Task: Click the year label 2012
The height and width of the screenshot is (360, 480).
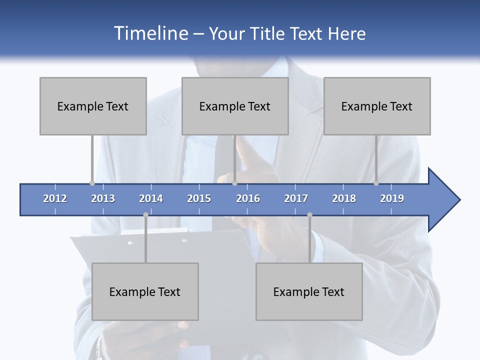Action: coord(55,198)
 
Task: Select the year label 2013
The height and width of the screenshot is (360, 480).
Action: coord(103,198)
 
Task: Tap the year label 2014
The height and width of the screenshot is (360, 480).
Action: coord(151,198)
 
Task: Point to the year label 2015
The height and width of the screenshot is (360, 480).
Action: coord(199,198)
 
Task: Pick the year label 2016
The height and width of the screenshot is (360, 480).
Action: coord(248,198)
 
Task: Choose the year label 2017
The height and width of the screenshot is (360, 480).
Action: coord(296,198)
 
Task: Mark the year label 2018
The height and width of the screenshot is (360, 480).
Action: coord(344,198)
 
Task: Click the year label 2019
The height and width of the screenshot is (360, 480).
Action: coord(392,198)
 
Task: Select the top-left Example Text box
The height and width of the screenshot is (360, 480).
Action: coord(93,106)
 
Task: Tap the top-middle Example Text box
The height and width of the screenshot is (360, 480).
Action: coord(235,106)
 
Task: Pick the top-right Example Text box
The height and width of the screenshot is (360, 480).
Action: coord(377,106)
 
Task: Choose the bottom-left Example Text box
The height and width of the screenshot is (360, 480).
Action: coord(145,291)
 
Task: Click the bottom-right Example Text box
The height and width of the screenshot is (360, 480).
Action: coord(309,291)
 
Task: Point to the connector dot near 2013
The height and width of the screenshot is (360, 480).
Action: coord(92,183)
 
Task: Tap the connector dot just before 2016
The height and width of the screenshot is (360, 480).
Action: coord(234,183)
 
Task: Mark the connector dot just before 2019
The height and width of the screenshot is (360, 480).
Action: coord(376,183)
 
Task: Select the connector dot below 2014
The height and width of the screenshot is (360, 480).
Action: coord(145,214)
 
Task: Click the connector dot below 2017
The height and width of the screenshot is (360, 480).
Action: coord(309,214)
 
